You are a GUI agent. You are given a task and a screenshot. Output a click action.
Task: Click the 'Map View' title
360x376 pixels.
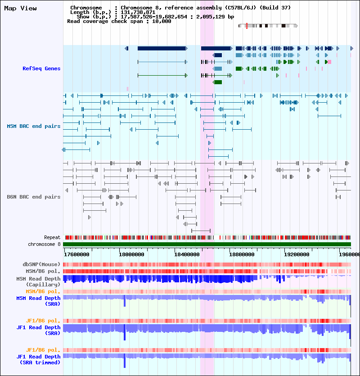pyautogui.click(x=21, y=9)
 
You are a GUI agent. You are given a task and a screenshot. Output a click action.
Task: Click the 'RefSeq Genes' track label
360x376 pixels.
pyautogui.click(x=41, y=68)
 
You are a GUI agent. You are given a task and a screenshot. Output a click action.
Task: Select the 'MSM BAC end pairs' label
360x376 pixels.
pyautogui.click(x=34, y=126)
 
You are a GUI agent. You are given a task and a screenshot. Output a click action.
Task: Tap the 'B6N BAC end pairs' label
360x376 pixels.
pyautogui.click(x=34, y=197)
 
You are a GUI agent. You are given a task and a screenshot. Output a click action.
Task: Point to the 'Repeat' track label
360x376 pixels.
pyautogui.click(x=52, y=237)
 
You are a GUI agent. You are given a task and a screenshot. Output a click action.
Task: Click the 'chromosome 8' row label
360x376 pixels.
pyautogui.click(x=45, y=244)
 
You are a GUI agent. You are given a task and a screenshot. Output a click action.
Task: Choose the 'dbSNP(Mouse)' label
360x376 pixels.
pyautogui.click(x=41, y=264)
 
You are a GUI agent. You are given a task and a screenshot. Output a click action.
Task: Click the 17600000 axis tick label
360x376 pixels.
pyautogui.click(x=76, y=254)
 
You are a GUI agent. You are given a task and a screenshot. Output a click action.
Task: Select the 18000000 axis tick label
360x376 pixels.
pyautogui.click(x=131, y=254)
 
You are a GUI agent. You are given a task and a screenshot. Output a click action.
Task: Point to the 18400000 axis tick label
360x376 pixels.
pyautogui.click(x=187, y=254)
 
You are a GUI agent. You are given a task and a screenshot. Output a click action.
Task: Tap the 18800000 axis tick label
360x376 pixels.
pyautogui.click(x=242, y=254)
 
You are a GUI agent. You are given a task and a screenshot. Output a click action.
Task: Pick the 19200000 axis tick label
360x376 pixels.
pyautogui.click(x=297, y=254)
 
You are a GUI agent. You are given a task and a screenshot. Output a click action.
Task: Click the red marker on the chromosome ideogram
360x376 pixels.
pyautogui.click(x=247, y=26)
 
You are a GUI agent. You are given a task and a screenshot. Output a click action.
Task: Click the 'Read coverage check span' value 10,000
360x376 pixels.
pyautogui.click(x=162, y=21)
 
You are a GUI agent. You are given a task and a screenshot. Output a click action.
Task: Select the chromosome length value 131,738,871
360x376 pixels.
pyautogui.click(x=138, y=12)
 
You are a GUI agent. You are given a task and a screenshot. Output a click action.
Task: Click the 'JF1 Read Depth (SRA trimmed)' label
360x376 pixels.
pyautogui.click(x=38, y=359)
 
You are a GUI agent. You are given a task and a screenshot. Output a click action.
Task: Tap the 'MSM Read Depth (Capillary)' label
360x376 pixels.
pyautogui.click(x=38, y=281)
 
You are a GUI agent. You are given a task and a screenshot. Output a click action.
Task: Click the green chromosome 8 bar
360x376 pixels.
pyautogui.click(x=207, y=245)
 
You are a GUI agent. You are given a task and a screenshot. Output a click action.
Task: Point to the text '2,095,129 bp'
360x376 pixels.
pyautogui.click(x=215, y=17)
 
